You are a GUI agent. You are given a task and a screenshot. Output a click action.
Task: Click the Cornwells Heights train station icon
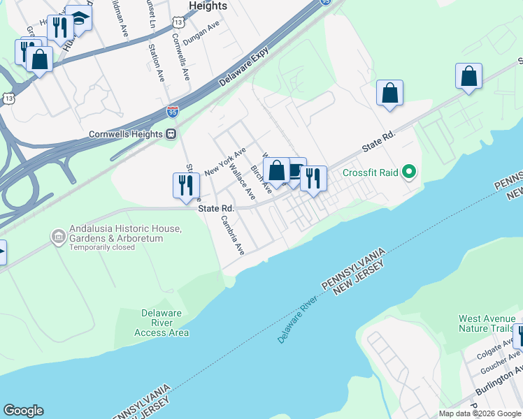170,134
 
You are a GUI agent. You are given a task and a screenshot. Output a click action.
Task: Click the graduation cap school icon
80,19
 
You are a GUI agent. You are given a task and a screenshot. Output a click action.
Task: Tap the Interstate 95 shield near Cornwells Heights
173,111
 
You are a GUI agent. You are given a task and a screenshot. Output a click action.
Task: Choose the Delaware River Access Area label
161,323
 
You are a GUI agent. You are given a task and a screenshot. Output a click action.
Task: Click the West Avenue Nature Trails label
487,324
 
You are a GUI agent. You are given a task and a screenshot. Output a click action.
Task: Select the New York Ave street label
225,162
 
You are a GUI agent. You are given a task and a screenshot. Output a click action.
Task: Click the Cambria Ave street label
232,235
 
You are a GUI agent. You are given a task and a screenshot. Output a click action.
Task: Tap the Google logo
23,411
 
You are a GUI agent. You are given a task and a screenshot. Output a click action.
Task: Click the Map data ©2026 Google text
480,413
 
